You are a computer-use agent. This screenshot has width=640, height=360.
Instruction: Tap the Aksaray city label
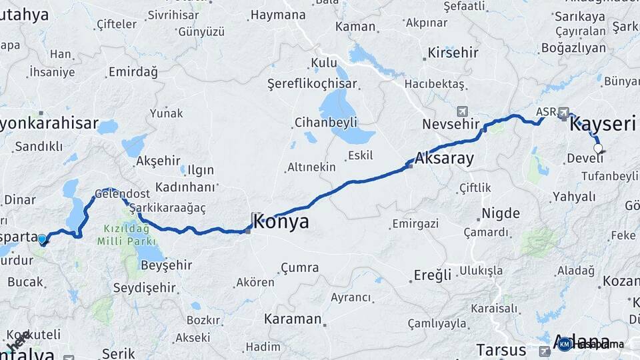point(444,159)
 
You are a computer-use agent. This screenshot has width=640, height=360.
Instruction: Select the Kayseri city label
point(603,124)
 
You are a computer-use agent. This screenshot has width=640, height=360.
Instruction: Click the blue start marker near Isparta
point(42,239)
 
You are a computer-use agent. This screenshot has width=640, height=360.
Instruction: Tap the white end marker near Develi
point(598,149)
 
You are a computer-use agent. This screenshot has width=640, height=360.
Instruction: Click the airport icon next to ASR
point(564,112)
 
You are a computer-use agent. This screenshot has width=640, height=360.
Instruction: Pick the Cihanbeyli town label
point(326,122)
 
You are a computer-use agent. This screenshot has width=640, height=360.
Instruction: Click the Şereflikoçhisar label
point(312,85)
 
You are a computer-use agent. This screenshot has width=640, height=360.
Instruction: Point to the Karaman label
point(293,319)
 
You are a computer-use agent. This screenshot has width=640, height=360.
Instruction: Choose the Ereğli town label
point(433,274)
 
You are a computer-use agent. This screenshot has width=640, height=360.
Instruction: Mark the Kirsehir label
point(454,52)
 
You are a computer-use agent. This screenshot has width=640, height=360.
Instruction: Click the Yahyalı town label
point(574,197)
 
